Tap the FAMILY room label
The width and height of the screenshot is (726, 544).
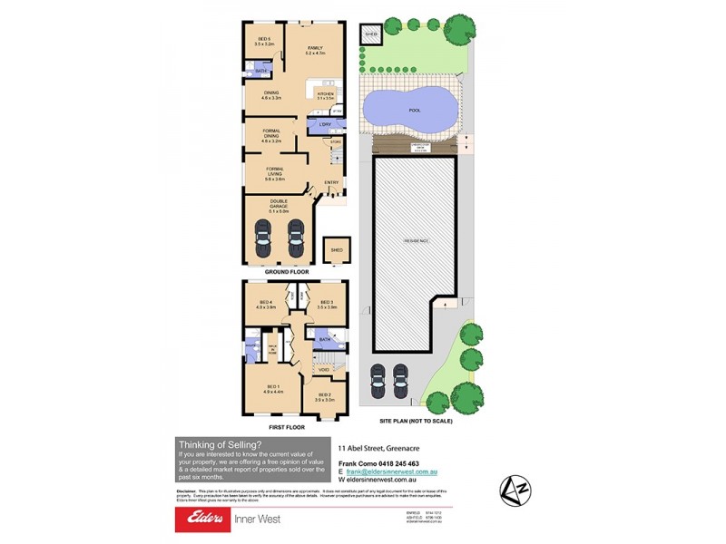[x=315, y=50]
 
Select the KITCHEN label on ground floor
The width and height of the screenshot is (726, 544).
[x=326, y=94]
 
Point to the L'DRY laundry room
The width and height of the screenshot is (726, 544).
[x=324, y=124]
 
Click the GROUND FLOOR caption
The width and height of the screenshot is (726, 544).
[x=287, y=272]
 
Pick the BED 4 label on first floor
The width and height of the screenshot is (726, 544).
[x=266, y=305]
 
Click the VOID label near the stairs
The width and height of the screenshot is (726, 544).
[x=324, y=369]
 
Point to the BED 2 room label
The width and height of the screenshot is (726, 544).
[x=324, y=397]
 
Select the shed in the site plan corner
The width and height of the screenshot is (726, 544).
[x=370, y=35]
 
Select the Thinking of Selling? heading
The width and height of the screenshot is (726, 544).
[x=221, y=443]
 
